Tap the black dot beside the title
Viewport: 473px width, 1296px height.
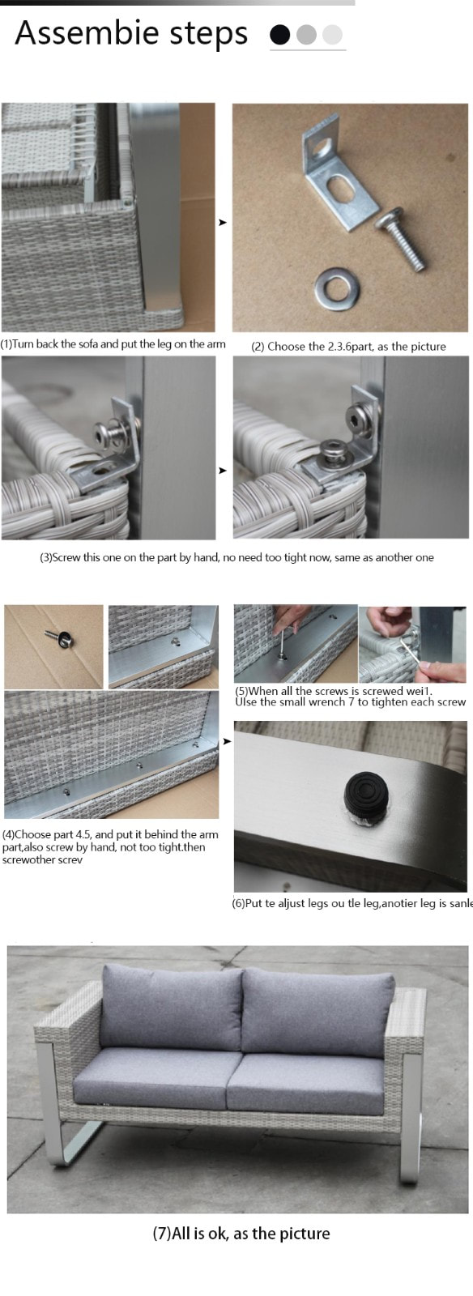point(280,35)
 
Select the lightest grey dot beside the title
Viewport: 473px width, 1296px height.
point(333,35)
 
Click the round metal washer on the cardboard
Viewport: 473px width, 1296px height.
point(337,287)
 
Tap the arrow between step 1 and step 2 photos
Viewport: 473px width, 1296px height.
point(223,222)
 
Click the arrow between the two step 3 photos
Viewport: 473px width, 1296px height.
point(223,471)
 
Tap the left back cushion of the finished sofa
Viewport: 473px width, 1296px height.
point(172,1008)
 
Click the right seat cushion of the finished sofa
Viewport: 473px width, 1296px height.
point(307,1083)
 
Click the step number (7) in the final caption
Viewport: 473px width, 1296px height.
point(162,1234)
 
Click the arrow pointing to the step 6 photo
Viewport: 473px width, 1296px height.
point(227,741)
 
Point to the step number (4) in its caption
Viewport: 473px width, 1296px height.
point(8,835)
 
